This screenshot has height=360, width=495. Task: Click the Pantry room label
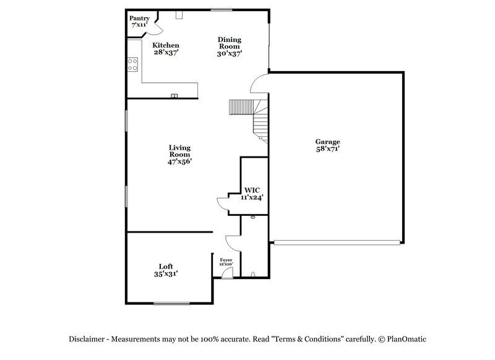[x=139, y=19]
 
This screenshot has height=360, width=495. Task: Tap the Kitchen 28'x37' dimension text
[x=166, y=53]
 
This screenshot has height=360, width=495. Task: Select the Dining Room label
[x=229, y=44]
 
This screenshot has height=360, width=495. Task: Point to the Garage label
[x=327, y=142]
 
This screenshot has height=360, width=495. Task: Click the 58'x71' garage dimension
[x=327, y=149]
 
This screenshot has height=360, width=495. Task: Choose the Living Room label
[x=179, y=150]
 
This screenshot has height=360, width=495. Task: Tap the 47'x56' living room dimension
[x=179, y=161]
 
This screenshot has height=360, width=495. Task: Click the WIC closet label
[x=252, y=190]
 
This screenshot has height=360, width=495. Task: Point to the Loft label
[x=165, y=266]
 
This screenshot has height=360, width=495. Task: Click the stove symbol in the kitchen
[x=132, y=64]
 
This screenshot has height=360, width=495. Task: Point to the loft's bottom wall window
[x=171, y=302]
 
